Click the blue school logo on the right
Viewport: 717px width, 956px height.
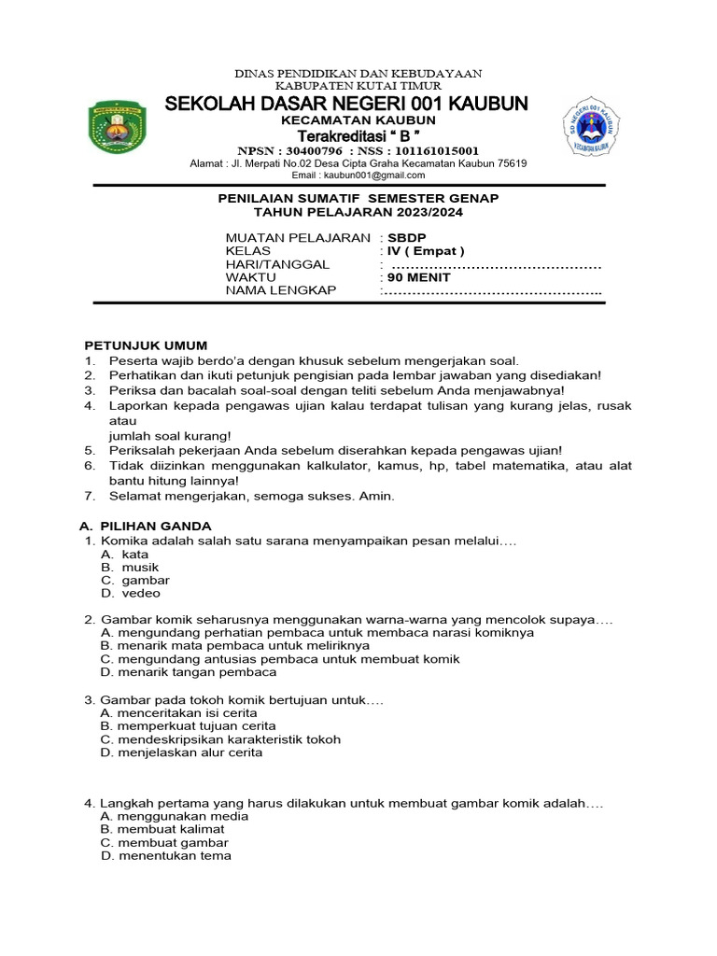[x=591, y=128]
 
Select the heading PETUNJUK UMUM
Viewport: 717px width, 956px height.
[x=146, y=345]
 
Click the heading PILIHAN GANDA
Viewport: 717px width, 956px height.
[x=156, y=527]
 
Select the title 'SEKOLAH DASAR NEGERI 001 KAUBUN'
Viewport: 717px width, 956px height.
[x=346, y=103]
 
